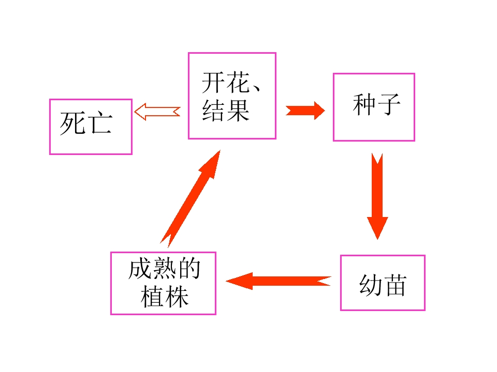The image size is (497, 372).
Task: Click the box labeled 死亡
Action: [91, 127]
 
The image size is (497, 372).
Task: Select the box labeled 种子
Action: [374, 107]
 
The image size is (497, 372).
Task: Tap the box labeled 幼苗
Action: [383, 283]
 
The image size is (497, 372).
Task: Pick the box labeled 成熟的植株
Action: [163, 283]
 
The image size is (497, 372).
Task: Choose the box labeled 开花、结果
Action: [232, 96]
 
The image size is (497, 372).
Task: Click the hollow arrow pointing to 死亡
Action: [157, 111]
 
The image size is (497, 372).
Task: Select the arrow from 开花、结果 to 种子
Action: [305, 111]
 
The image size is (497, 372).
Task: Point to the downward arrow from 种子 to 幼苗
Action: [377, 196]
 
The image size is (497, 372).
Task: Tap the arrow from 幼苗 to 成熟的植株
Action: [278, 281]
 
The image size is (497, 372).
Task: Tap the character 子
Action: [389, 104]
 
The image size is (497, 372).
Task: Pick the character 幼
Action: [370, 285]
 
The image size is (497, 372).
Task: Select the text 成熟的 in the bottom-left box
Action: [164, 270]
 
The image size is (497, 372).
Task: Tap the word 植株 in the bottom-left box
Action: [165, 297]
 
